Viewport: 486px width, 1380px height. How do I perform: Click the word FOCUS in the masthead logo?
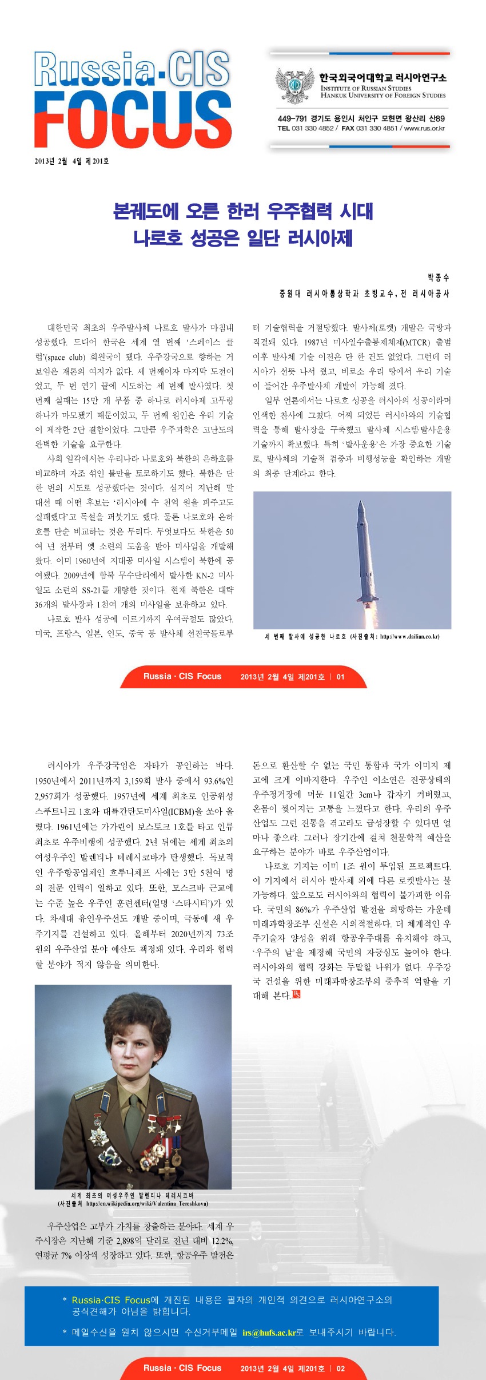pos(133,119)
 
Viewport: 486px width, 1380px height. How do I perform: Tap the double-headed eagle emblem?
pos(295,85)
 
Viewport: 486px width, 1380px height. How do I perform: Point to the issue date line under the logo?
pos(71,161)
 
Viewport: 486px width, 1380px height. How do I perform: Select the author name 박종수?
pos(438,277)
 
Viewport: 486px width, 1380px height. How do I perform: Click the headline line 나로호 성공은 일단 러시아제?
pos(243,237)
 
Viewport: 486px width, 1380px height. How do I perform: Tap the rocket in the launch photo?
pos(364,549)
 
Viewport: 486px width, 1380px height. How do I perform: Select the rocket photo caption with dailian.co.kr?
pos(352,636)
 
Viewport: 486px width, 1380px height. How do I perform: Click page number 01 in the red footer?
pos(340,677)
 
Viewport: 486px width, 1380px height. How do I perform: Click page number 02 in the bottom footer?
pos(340,1369)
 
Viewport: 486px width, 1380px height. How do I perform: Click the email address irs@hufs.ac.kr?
pos(269,1333)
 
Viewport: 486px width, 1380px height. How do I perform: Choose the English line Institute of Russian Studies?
pos(366,88)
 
